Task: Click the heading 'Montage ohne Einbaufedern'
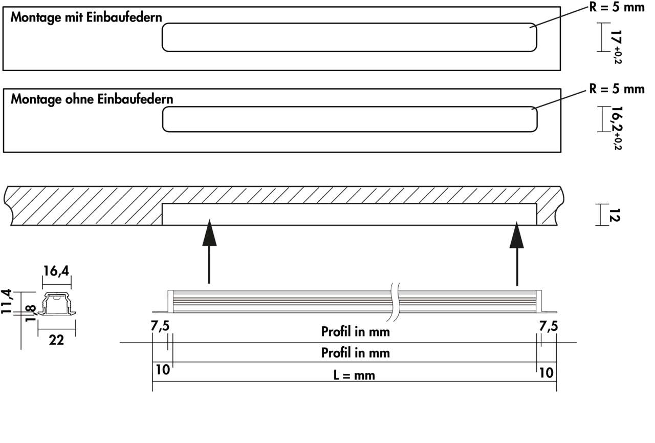pos(92,99)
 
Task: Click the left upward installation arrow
pos(208,251)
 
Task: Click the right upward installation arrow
pos(517,254)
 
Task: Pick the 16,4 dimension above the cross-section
pos(56,271)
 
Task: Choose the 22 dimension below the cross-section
pos(56,340)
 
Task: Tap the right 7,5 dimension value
pos(548,326)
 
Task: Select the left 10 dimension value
pos(162,371)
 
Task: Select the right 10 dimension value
pos(547,372)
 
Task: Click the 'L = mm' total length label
pos(354,375)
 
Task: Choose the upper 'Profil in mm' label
pos(355,331)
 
